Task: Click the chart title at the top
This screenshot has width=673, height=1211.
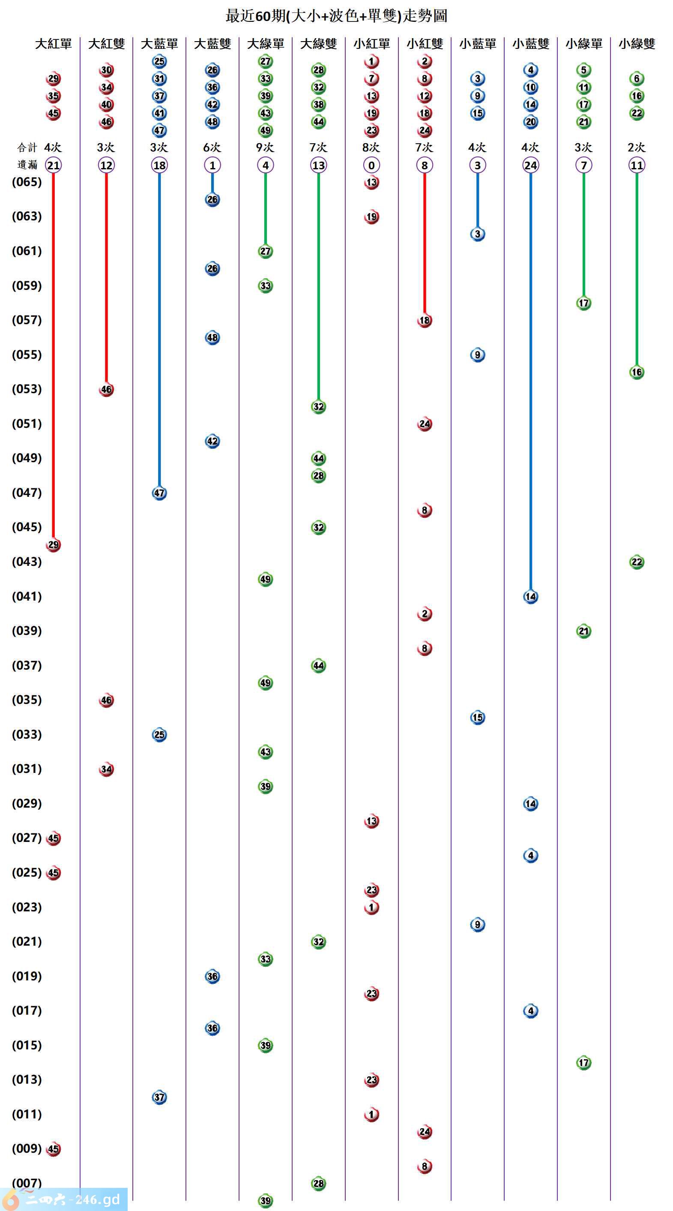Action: [336, 16]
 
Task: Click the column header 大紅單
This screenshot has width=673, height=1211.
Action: [53, 44]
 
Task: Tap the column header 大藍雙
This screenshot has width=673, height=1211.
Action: [212, 44]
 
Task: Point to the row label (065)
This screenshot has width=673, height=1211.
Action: [27, 182]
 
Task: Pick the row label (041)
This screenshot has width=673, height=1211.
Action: [27, 596]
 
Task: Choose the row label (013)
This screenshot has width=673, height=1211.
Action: [27, 1079]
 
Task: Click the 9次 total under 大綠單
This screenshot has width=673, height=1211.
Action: [265, 147]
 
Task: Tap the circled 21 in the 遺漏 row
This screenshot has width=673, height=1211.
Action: [53, 165]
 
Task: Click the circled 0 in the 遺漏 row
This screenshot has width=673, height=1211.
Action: [371, 165]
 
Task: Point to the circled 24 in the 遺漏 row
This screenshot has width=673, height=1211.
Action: [531, 165]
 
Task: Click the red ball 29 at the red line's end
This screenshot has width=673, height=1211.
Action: [53, 545]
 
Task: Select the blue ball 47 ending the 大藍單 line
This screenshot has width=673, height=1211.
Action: [159, 493]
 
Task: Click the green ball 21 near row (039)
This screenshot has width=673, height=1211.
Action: [583, 631]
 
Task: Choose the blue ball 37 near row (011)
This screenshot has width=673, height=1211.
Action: [159, 1097]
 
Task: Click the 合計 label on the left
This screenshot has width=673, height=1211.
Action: [27, 147]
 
